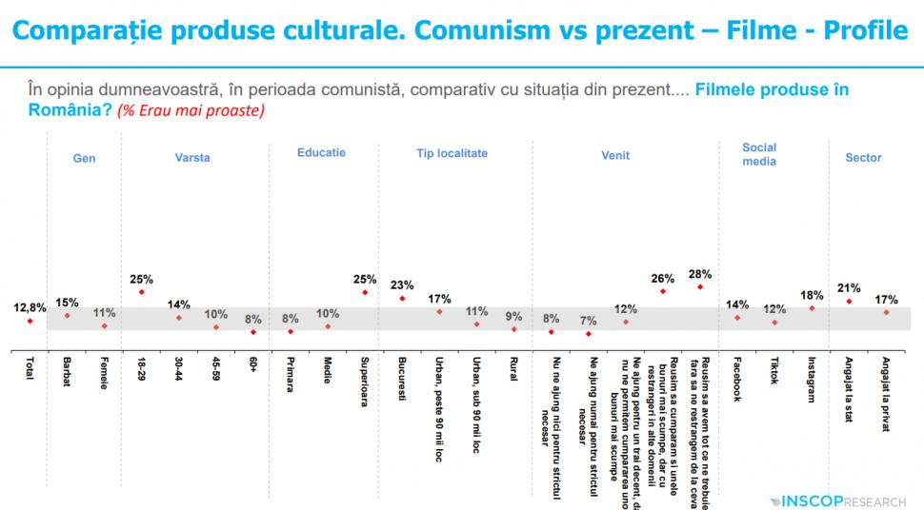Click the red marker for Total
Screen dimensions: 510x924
click(x=30, y=321)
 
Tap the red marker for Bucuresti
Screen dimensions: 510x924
click(x=402, y=299)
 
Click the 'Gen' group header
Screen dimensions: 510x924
click(x=85, y=159)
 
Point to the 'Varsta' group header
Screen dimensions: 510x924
click(x=192, y=158)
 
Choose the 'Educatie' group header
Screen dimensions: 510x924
click(x=321, y=152)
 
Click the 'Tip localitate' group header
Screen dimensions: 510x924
click(x=452, y=152)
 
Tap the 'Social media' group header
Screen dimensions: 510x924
click(x=759, y=154)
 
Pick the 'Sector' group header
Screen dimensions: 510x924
click(x=863, y=158)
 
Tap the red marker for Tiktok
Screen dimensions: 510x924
click(x=774, y=323)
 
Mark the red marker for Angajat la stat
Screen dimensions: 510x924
click(x=849, y=301)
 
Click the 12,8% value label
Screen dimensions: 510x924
click(x=30, y=307)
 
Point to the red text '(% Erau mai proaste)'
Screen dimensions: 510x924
click(x=191, y=110)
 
